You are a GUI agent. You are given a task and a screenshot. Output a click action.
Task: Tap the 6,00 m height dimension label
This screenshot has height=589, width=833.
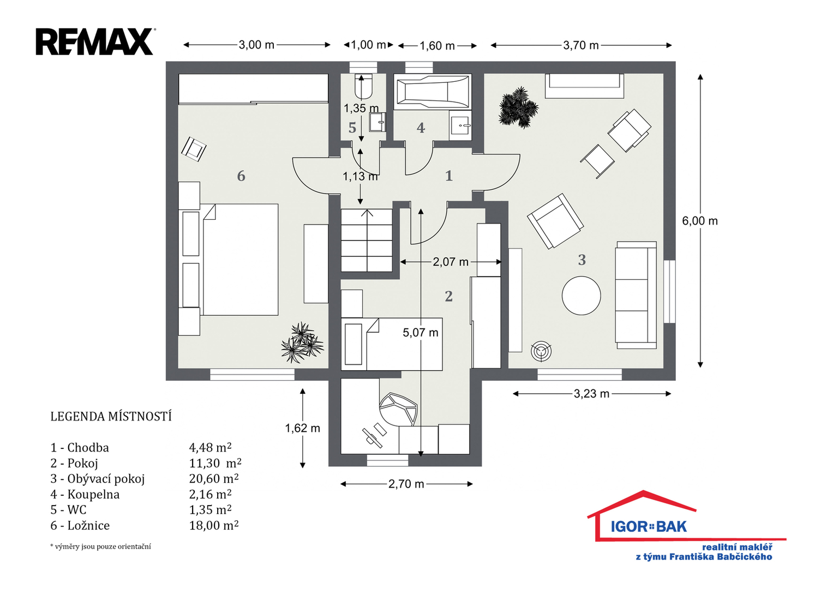(699, 221)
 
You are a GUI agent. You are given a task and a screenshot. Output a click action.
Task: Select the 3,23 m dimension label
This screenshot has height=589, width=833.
(591, 393)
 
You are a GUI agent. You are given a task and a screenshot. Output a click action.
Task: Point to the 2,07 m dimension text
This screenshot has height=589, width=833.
(451, 262)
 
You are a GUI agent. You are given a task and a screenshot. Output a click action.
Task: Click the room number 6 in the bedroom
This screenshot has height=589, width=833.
(241, 176)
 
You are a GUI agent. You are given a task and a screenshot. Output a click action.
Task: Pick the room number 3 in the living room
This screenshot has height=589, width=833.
(582, 260)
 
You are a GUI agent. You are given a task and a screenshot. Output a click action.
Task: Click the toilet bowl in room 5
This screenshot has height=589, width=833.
(363, 86)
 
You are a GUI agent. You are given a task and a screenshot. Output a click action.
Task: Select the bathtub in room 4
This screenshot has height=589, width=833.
(433, 91)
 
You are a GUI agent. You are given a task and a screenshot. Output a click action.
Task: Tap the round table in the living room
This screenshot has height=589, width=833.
(581, 296)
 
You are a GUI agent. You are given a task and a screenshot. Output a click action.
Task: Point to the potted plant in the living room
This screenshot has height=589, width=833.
(518, 107)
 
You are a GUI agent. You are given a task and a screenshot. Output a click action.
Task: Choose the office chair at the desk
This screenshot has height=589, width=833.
(398, 410)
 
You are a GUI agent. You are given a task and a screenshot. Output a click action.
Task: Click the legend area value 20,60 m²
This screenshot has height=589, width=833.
(214, 478)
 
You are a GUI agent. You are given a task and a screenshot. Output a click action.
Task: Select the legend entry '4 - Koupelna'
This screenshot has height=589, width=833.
(85, 494)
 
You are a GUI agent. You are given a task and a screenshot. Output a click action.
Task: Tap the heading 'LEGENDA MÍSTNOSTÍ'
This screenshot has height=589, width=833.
(111, 417)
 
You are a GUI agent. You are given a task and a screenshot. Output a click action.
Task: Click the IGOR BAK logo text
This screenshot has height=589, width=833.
(649, 526)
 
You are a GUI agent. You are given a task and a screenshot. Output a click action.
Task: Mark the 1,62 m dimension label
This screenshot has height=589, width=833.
(302, 428)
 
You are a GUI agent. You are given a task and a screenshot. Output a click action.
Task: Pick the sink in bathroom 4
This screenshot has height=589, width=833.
(460, 125)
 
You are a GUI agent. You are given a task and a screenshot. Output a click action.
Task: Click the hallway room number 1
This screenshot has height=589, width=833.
(449, 176)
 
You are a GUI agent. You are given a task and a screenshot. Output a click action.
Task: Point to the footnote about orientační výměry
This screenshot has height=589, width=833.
(100, 546)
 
